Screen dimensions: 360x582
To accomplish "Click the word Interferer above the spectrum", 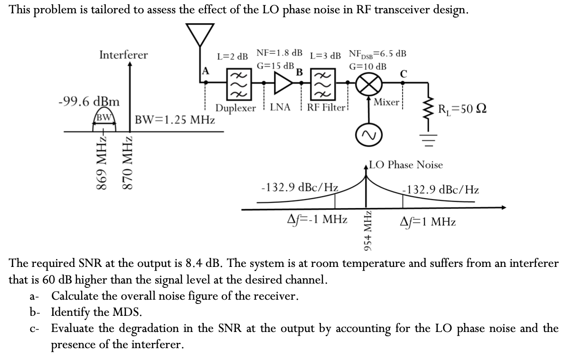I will pyautogui.click(x=123, y=55).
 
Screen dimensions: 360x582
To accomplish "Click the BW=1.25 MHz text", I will pyautogui.click(x=175, y=119).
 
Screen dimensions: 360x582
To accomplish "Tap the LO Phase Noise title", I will pyautogui.click(x=405, y=165).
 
